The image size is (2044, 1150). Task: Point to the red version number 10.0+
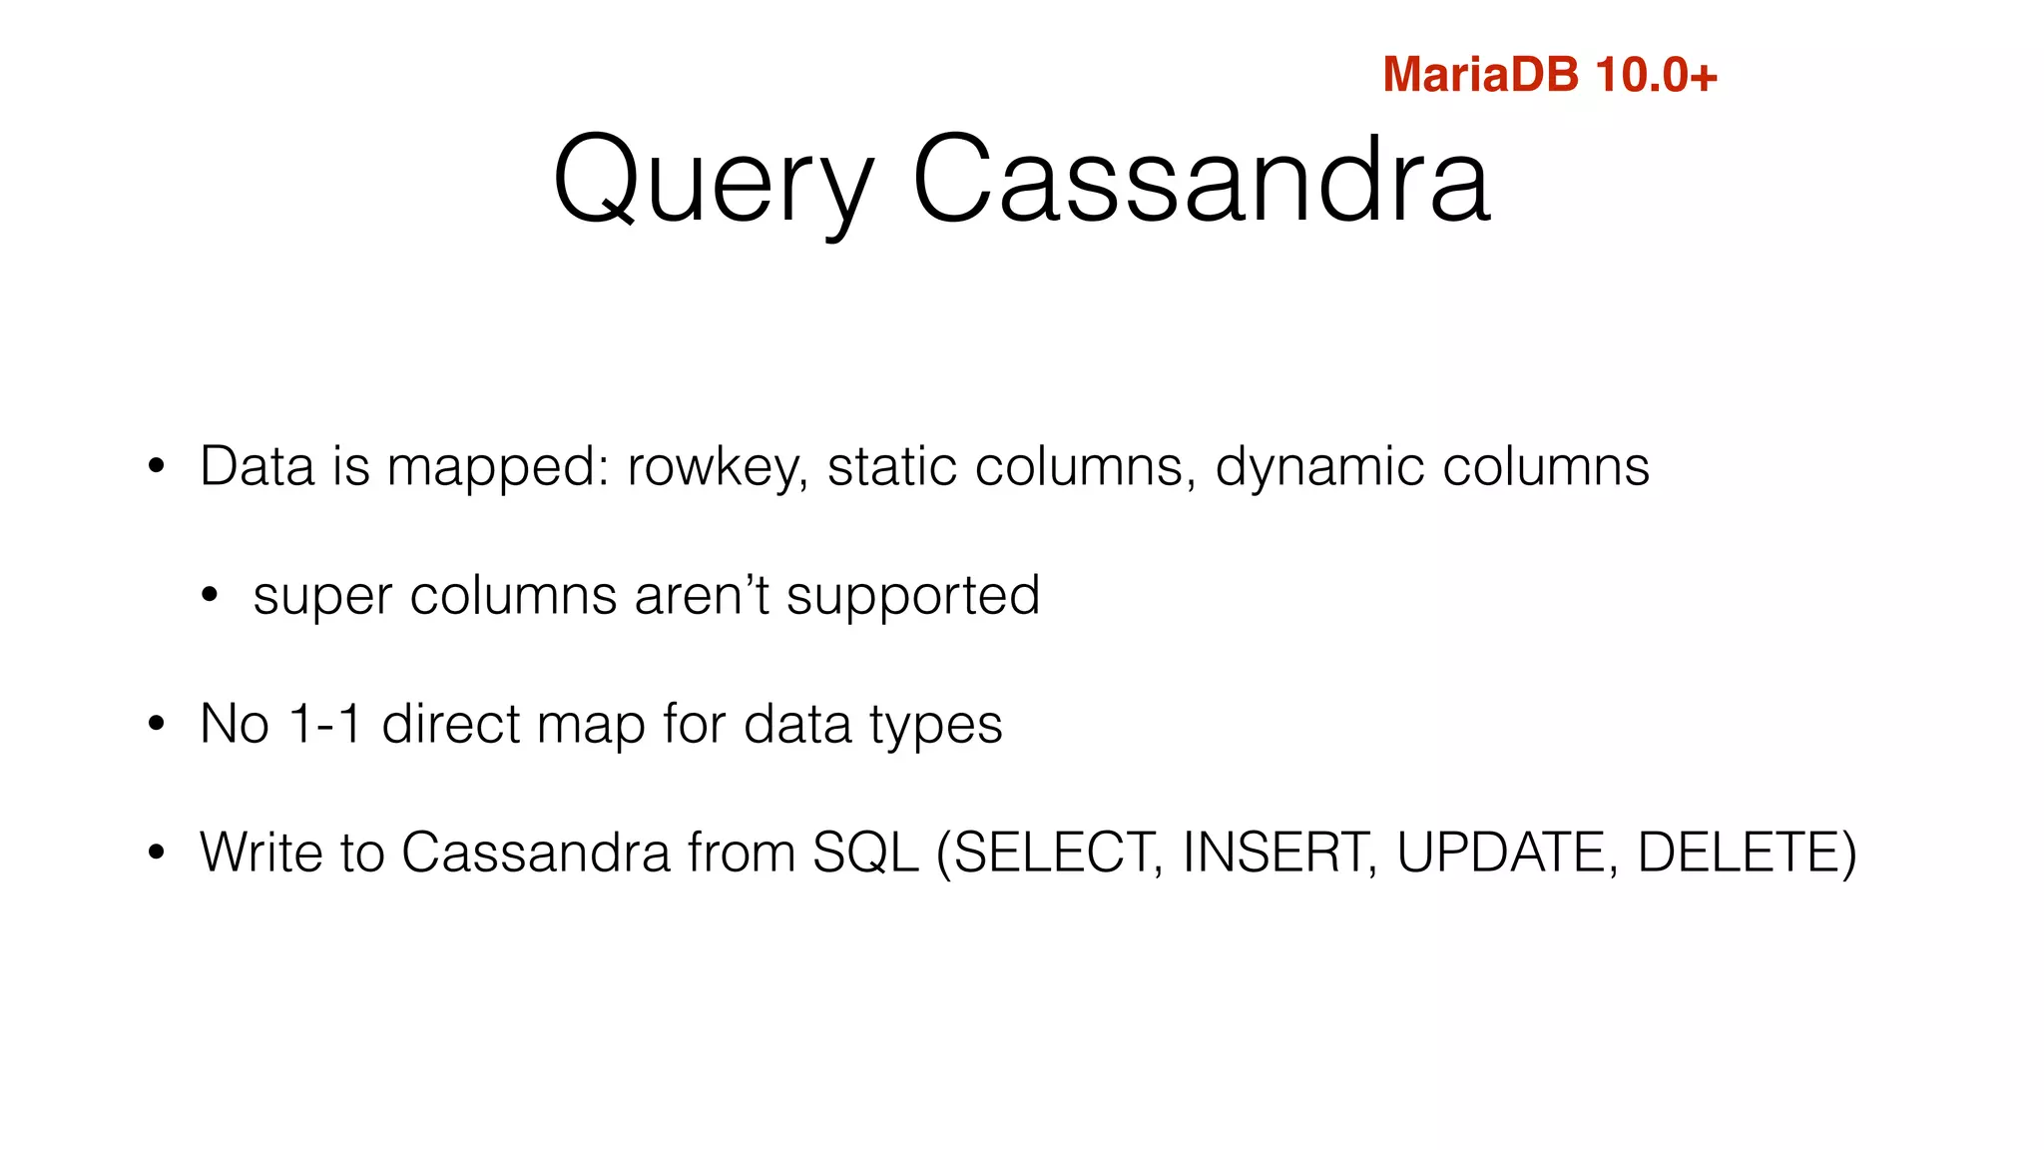click(1656, 75)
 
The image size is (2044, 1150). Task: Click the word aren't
click(702, 595)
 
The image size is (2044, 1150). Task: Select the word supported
click(912, 597)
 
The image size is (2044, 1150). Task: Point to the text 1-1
click(324, 724)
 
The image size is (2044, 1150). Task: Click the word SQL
click(865, 855)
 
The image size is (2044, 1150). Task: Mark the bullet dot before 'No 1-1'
click(156, 724)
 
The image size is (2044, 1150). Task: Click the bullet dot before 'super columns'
click(209, 596)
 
